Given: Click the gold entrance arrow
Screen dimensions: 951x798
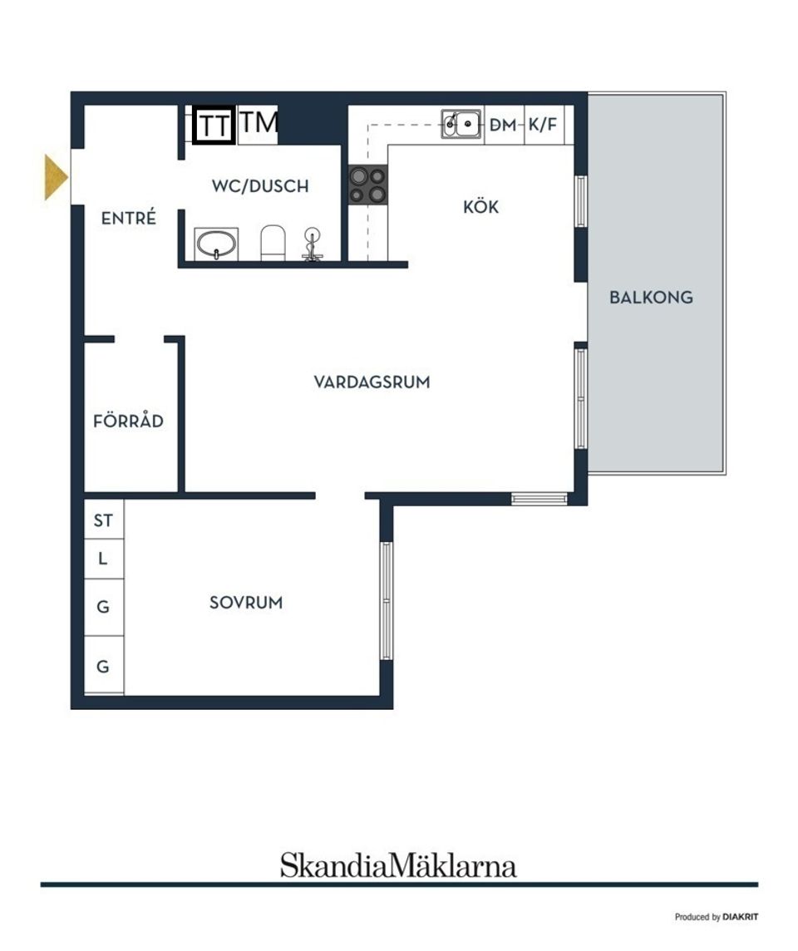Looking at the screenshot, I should (56, 178).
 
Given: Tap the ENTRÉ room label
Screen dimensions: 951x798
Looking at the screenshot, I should (129, 219).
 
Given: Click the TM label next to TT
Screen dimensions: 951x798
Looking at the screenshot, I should (259, 123).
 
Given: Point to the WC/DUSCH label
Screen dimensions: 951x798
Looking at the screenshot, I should (260, 186).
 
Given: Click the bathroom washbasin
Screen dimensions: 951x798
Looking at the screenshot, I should (217, 244).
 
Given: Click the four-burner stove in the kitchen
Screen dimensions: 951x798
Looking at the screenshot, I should (367, 185).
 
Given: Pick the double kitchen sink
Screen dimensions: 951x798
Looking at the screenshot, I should (461, 125).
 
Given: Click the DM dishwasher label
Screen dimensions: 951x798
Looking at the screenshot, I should (503, 126).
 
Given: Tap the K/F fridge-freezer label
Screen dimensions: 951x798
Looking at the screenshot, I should (543, 126).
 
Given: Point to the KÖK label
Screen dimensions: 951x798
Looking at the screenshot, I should (481, 207).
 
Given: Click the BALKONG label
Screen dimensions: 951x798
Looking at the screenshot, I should (651, 297).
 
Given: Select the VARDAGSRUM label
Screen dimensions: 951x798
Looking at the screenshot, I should (372, 382).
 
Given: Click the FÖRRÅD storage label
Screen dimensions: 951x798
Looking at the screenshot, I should (128, 421).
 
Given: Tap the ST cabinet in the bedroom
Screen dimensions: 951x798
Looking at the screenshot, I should (103, 520).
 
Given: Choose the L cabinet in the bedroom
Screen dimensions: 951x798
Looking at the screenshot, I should (103, 559).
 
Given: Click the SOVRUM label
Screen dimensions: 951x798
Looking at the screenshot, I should (246, 603).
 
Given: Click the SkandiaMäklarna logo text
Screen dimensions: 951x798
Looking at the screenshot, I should (398, 865).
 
